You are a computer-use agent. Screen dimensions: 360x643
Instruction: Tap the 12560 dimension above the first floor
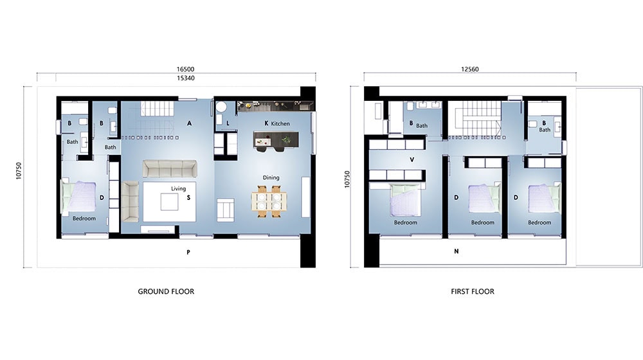pyautogui.click(x=470, y=69)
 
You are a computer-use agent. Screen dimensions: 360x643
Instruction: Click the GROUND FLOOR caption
pyautogui.click(x=166, y=291)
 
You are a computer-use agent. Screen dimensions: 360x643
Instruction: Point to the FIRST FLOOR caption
pyautogui.click(x=473, y=291)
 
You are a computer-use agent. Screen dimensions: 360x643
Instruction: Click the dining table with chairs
pyautogui.click(x=268, y=200)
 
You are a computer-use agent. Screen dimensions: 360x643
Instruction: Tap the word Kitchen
pyautogui.click(x=281, y=123)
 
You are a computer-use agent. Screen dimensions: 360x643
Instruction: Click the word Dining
pyautogui.click(x=271, y=177)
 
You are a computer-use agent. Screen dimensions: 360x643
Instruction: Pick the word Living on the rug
pyautogui.click(x=178, y=188)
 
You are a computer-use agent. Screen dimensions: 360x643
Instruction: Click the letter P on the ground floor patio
pyautogui.click(x=188, y=253)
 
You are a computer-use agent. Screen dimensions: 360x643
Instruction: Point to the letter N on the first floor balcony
pyautogui.click(x=456, y=251)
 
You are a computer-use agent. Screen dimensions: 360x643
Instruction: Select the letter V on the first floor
pyautogui.click(x=411, y=159)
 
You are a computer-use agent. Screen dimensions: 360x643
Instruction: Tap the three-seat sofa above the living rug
pyautogui.click(x=170, y=169)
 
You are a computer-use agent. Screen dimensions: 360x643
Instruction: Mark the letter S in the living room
pyautogui.click(x=188, y=198)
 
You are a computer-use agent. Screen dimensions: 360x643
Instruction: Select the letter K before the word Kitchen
pyautogui.click(x=266, y=123)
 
